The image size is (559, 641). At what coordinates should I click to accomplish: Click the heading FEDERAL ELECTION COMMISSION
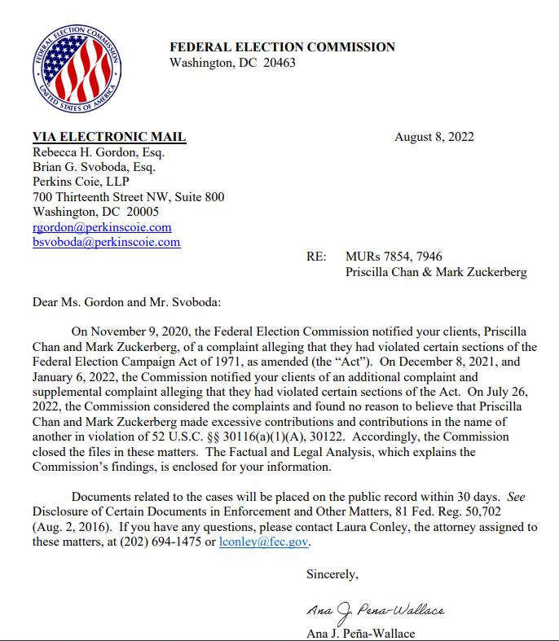click(x=282, y=47)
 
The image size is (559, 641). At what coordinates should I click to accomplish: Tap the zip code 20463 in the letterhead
click(x=279, y=63)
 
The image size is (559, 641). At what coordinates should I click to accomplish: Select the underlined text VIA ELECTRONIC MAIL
click(x=109, y=137)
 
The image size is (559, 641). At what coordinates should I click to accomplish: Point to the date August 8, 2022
click(x=434, y=137)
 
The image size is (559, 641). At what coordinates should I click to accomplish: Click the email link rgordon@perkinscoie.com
click(x=102, y=227)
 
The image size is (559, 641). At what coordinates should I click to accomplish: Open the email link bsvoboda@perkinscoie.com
click(x=106, y=242)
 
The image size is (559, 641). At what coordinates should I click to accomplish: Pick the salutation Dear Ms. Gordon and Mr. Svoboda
click(x=126, y=302)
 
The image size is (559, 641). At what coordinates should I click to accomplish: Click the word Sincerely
click(x=332, y=573)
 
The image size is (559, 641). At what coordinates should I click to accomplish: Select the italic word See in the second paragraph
click(x=518, y=497)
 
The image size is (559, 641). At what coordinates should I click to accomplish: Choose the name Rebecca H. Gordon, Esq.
click(x=99, y=152)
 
